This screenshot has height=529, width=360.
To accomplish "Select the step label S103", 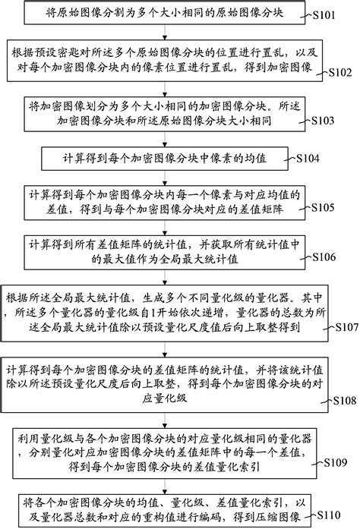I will (x=330, y=120).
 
